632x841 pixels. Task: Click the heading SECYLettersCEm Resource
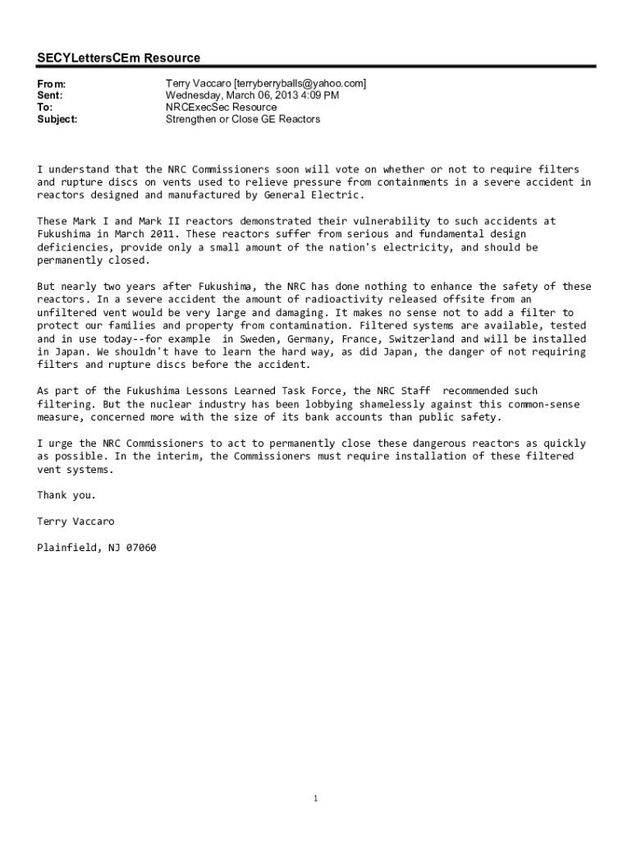point(118,58)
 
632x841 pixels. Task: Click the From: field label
point(52,84)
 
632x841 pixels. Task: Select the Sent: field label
point(50,95)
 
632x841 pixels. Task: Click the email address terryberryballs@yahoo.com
point(300,84)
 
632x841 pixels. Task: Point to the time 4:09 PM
point(318,95)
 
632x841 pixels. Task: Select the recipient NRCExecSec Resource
point(221,108)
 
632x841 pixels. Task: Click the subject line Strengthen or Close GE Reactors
point(243,119)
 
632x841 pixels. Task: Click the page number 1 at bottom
point(316,798)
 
